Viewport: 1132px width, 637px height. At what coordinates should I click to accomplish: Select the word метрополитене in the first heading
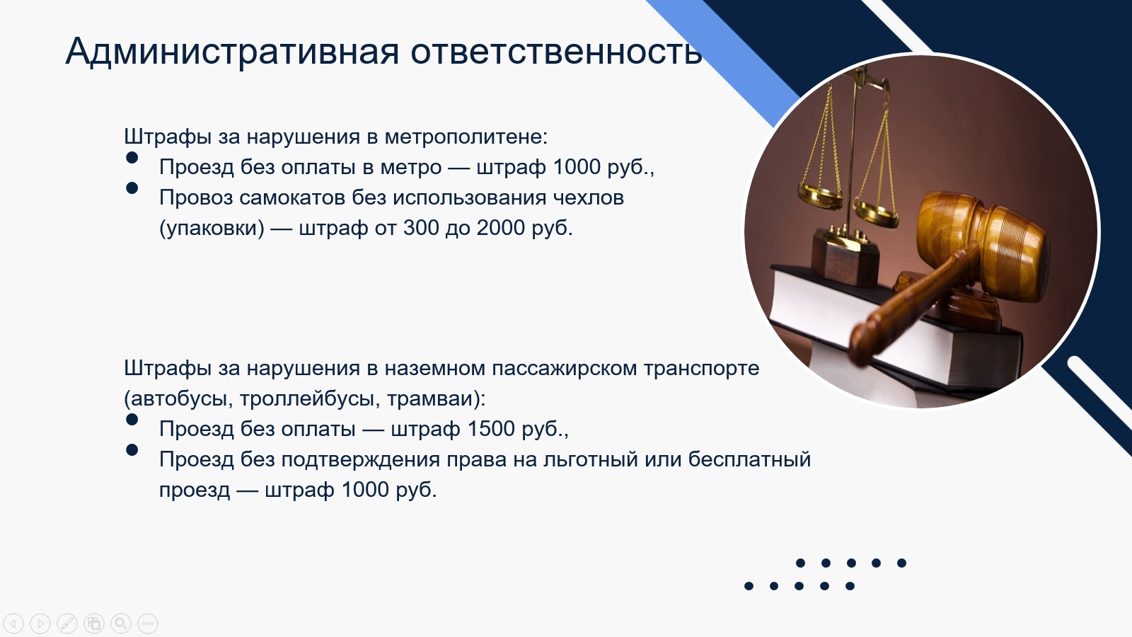[x=466, y=137]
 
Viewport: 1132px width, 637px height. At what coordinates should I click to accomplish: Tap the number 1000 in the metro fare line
[x=577, y=167]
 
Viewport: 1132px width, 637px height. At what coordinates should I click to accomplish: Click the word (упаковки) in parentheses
[x=212, y=229]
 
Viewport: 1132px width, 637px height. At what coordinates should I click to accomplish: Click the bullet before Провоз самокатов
[x=132, y=188]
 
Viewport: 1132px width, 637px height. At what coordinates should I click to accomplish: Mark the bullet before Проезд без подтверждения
[x=132, y=450]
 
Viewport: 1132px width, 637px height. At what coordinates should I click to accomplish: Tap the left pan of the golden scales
[x=821, y=195]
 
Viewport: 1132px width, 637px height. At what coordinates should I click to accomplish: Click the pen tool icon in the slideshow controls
[x=67, y=624]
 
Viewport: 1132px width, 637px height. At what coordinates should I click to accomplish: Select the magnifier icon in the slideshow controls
[x=121, y=624]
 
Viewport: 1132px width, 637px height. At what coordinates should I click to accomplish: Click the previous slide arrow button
[x=13, y=624]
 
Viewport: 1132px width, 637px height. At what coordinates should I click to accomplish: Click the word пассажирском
[x=564, y=368]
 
